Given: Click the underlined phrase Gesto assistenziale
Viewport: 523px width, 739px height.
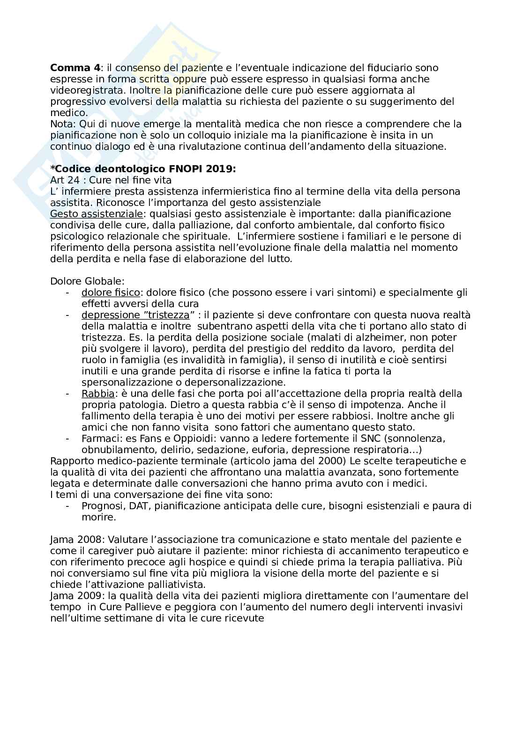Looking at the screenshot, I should (96, 214).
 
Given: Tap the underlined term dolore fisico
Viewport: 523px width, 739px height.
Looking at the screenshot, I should (111, 293).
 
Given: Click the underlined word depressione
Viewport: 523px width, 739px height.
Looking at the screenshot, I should (109, 315).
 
